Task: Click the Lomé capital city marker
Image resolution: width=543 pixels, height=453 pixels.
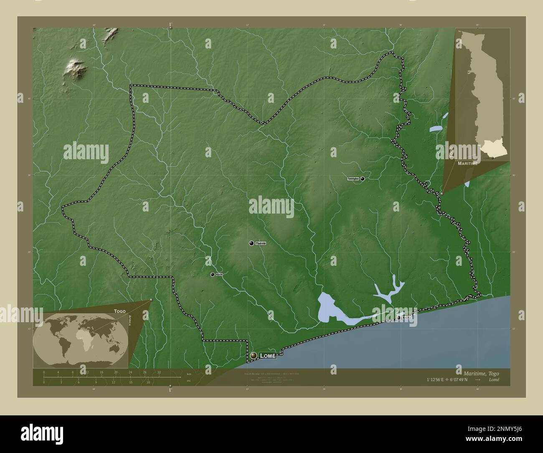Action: point(253,356)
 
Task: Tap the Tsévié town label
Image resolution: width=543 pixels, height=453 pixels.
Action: point(261,243)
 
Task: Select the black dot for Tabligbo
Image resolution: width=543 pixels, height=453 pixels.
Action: point(363,178)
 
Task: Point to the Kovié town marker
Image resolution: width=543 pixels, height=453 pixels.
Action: point(213,274)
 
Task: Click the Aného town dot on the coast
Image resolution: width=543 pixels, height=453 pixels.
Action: point(399,318)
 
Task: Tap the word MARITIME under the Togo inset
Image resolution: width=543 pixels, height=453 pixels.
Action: point(467,163)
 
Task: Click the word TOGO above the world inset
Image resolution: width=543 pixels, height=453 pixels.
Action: point(119,311)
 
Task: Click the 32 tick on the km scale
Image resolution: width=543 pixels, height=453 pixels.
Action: point(159,372)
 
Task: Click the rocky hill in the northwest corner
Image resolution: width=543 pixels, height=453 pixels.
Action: point(75,69)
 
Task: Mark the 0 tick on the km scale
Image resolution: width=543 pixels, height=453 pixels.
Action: point(44,372)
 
